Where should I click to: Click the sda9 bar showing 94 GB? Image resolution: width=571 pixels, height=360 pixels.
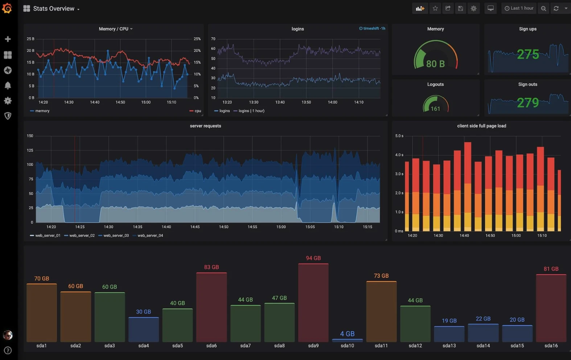(x=313, y=303)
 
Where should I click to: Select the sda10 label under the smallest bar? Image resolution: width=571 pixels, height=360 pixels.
(x=347, y=346)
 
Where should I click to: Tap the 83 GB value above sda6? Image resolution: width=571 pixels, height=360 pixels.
(x=211, y=267)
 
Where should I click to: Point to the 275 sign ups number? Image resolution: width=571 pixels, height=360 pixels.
(x=528, y=55)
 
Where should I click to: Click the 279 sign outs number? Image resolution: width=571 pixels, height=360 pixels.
(x=528, y=103)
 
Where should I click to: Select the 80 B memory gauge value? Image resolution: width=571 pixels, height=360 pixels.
(x=435, y=64)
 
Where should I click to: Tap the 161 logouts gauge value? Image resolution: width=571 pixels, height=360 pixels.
(x=435, y=109)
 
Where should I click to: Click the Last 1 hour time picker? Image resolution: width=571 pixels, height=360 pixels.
(x=519, y=8)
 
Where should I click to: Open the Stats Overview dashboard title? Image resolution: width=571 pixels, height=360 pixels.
(x=54, y=8)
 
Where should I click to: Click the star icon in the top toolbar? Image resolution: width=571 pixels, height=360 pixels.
(x=435, y=8)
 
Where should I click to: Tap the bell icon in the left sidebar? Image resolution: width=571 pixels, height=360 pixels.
(x=8, y=85)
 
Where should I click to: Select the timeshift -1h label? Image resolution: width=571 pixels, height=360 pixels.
(x=372, y=28)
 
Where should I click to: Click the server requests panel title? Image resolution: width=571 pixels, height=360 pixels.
(x=206, y=126)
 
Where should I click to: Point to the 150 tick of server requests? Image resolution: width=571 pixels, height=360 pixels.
(x=30, y=136)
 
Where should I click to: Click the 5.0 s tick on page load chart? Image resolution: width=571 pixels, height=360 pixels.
(x=399, y=136)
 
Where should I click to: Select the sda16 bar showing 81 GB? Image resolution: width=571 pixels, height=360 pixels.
(x=551, y=308)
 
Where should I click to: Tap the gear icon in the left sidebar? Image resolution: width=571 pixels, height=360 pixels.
(x=8, y=101)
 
